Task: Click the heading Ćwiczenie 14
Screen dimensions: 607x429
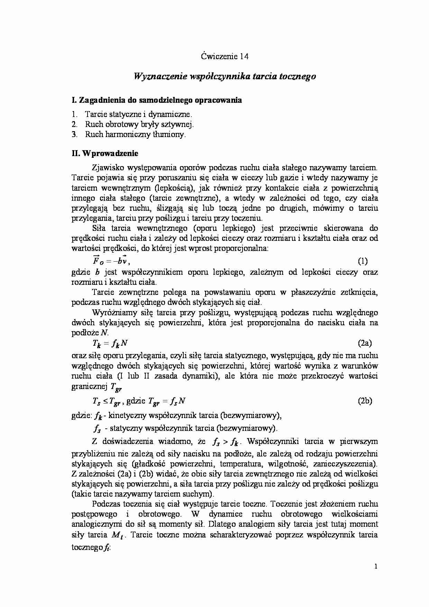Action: pos(225,56)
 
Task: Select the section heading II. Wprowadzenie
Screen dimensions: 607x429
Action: pos(105,153)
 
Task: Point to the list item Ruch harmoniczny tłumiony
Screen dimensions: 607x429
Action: pos(135,135)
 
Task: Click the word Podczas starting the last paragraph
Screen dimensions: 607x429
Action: pos(106,504)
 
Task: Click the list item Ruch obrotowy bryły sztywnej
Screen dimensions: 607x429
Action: pos(139,125)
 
